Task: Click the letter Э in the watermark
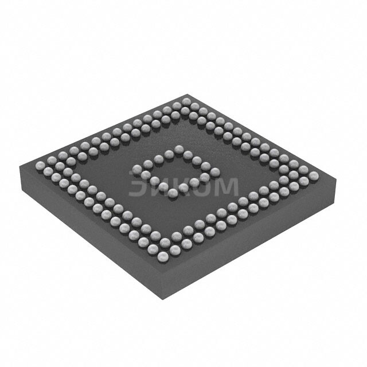point(139,187)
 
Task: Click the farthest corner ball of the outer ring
point(185,102)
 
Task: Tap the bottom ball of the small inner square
point(172,193)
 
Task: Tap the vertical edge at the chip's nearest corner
point(160,283)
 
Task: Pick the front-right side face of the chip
point(252,241)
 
